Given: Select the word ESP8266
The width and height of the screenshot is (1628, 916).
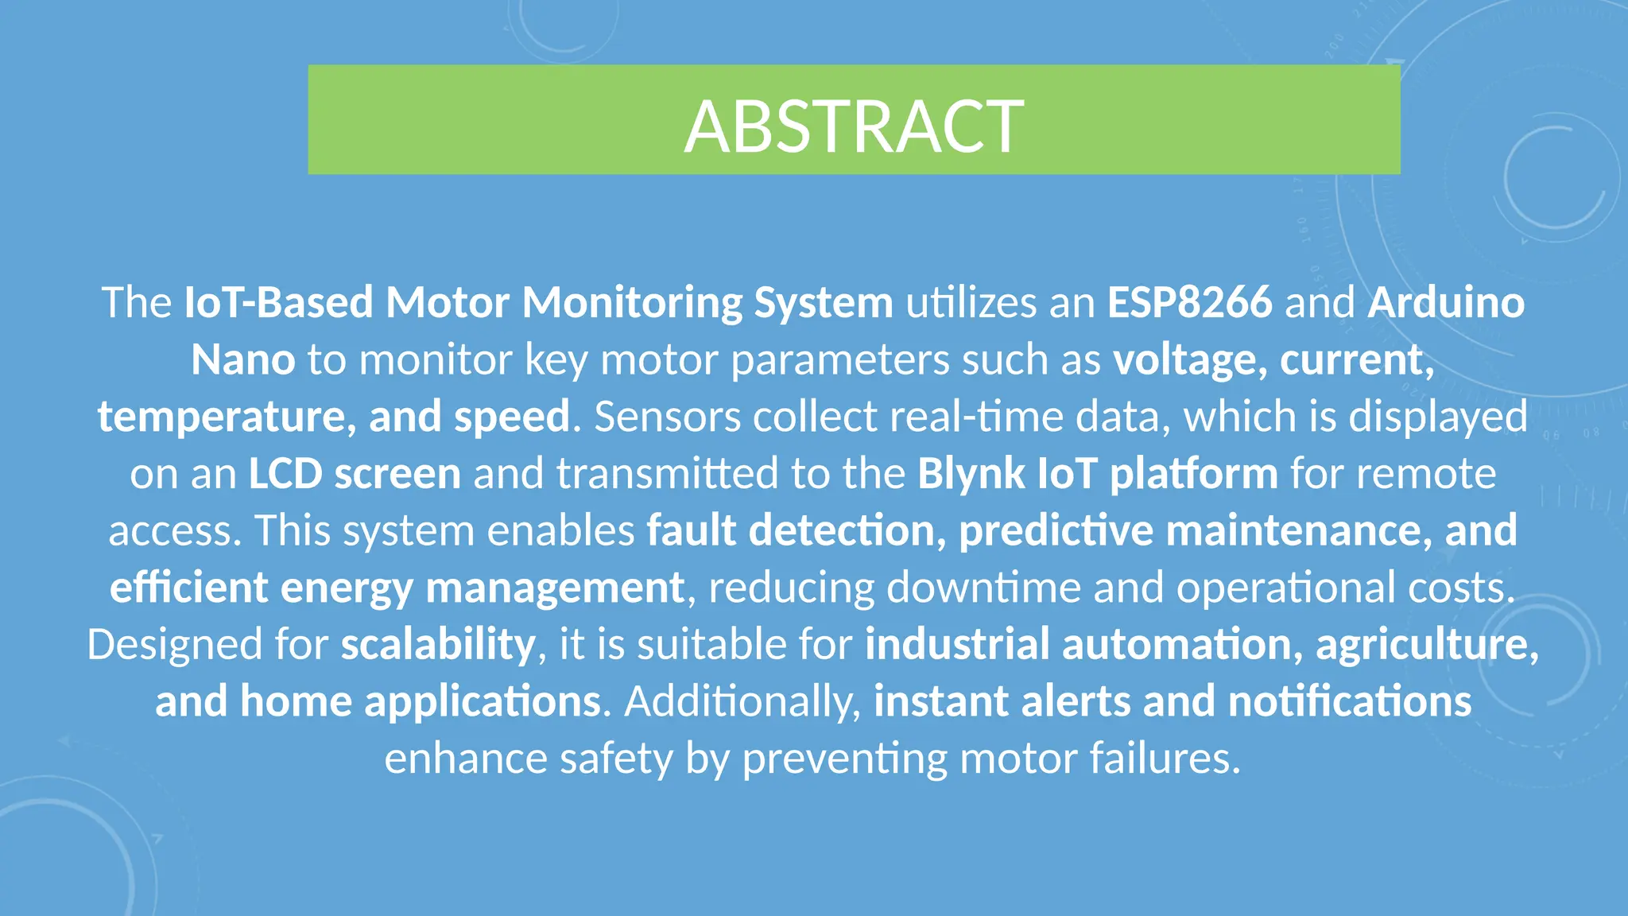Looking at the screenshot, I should pyautogui.click(x=1189, y=303).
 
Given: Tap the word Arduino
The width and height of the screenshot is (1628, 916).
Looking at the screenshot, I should pyautogui.click(x=1446, y=303).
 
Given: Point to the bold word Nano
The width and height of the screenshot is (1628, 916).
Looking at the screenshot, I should pyautogui.click(x=243, y=360).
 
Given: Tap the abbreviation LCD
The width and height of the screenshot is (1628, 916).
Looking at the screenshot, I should pyautogui.click(x=285, y=474).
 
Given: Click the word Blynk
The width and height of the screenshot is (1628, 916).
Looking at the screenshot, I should pyautogui.click(x=971, y=474).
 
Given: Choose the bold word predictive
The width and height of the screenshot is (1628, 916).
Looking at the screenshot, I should pyautogui.click(x=1056, y=531).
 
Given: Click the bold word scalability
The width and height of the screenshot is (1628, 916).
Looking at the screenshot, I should pyautogui.click(x=438, y=645).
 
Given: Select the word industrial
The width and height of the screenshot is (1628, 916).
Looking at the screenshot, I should pyautogui.click(x=957, y=645).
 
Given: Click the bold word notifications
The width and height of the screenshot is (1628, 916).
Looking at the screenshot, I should pyautogui.click(x=1349, y=702).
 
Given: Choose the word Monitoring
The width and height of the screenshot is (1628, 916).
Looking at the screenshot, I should pyautogui.click(x=631, y=303).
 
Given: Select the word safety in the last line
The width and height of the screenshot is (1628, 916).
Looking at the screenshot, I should pyautogui.click(x=616, y=759).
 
